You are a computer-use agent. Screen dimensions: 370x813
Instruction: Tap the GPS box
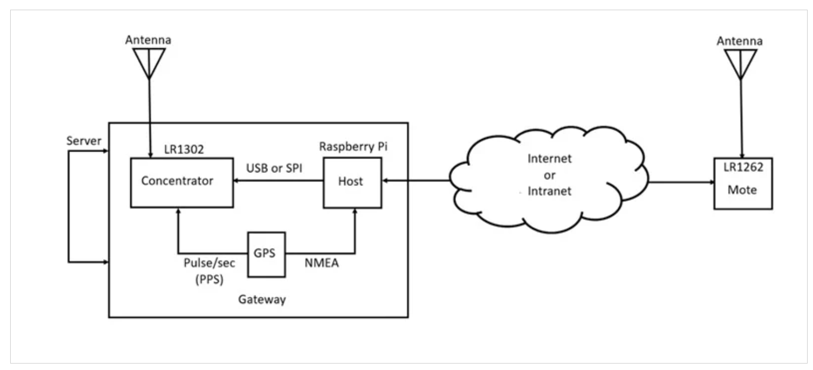[266, 254]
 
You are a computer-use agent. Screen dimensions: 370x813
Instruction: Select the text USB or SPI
[275, 168]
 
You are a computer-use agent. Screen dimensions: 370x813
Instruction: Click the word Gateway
[262, 300]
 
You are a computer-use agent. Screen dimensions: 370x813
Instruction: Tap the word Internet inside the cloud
[550, 159]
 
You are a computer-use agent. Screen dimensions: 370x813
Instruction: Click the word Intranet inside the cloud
[550, 191]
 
